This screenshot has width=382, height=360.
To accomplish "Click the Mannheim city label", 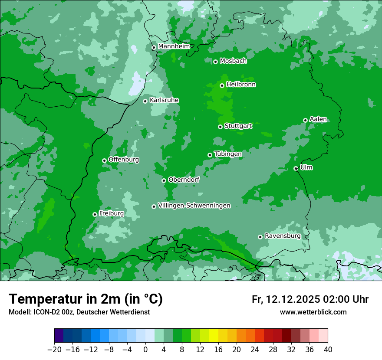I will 174,46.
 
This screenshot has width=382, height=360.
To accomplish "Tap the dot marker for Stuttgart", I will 220,127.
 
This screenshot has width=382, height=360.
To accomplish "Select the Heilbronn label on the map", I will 241,84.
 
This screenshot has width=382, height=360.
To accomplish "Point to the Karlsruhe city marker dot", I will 145,101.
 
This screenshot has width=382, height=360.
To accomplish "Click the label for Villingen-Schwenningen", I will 194,206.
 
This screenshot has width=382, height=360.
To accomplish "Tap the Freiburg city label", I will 111,213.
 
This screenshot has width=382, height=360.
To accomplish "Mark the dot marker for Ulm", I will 296,168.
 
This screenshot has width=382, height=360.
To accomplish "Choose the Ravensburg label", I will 282,236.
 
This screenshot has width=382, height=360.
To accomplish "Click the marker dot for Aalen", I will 305,120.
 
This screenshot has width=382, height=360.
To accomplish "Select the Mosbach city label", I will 233,61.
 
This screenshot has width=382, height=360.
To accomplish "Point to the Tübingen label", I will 228,154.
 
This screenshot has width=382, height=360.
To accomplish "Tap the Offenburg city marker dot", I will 104,160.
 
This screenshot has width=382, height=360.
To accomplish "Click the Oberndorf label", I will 184,179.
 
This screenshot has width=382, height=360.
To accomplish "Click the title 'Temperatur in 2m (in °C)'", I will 86,299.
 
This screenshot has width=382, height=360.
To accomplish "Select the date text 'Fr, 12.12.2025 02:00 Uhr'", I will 310,299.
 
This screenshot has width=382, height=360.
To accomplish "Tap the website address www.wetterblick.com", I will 313,312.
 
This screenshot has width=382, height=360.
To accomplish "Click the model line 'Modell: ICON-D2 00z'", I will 79,312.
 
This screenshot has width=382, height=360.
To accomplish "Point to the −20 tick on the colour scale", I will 54,350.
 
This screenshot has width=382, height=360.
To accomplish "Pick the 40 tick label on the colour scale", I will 328,350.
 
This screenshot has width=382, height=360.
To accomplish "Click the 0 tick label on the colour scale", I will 145,350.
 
